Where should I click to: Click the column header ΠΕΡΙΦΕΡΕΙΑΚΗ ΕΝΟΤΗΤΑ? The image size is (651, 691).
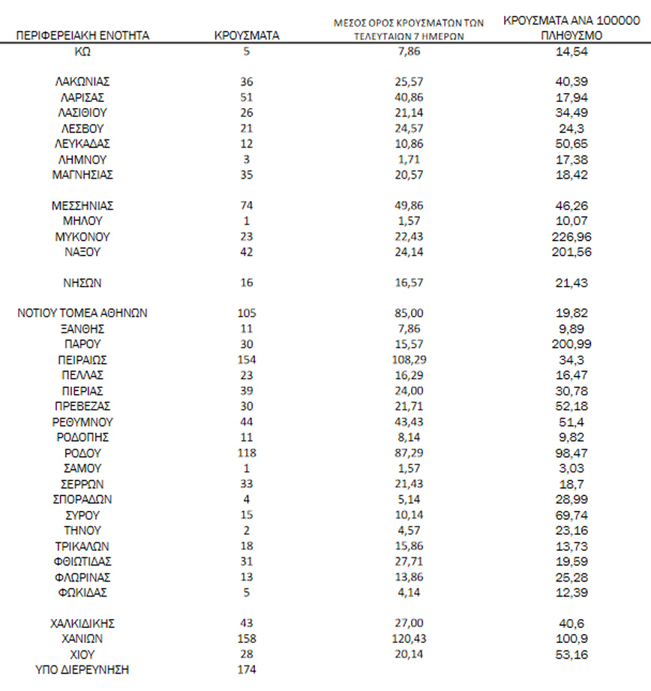[82, 35]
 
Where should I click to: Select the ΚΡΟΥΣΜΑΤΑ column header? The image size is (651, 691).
[247, 35]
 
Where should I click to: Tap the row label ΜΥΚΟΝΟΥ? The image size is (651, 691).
[82, 236]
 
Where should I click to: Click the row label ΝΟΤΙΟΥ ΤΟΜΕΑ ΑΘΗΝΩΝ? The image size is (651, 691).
[82, 313]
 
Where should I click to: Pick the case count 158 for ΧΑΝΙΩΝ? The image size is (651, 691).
[247, 638]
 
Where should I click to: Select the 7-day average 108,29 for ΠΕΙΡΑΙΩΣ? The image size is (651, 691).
[409, 360]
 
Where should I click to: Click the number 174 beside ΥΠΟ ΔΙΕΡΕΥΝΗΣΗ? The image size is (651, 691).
[247, 669]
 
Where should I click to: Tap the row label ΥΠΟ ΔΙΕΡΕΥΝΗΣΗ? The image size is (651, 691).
[82, 669]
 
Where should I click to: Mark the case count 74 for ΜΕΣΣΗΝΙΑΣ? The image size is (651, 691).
[247, 205]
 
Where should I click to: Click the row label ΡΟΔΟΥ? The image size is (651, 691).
[82, 453]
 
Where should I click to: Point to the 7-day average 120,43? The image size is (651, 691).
[409, 638]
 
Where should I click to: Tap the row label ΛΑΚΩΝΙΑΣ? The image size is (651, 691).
[82, 81]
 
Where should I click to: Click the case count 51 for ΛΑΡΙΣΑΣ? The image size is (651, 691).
[247, 97]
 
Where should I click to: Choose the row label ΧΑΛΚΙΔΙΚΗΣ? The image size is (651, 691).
[82, 623]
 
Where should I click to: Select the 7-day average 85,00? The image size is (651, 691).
[409, 313]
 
